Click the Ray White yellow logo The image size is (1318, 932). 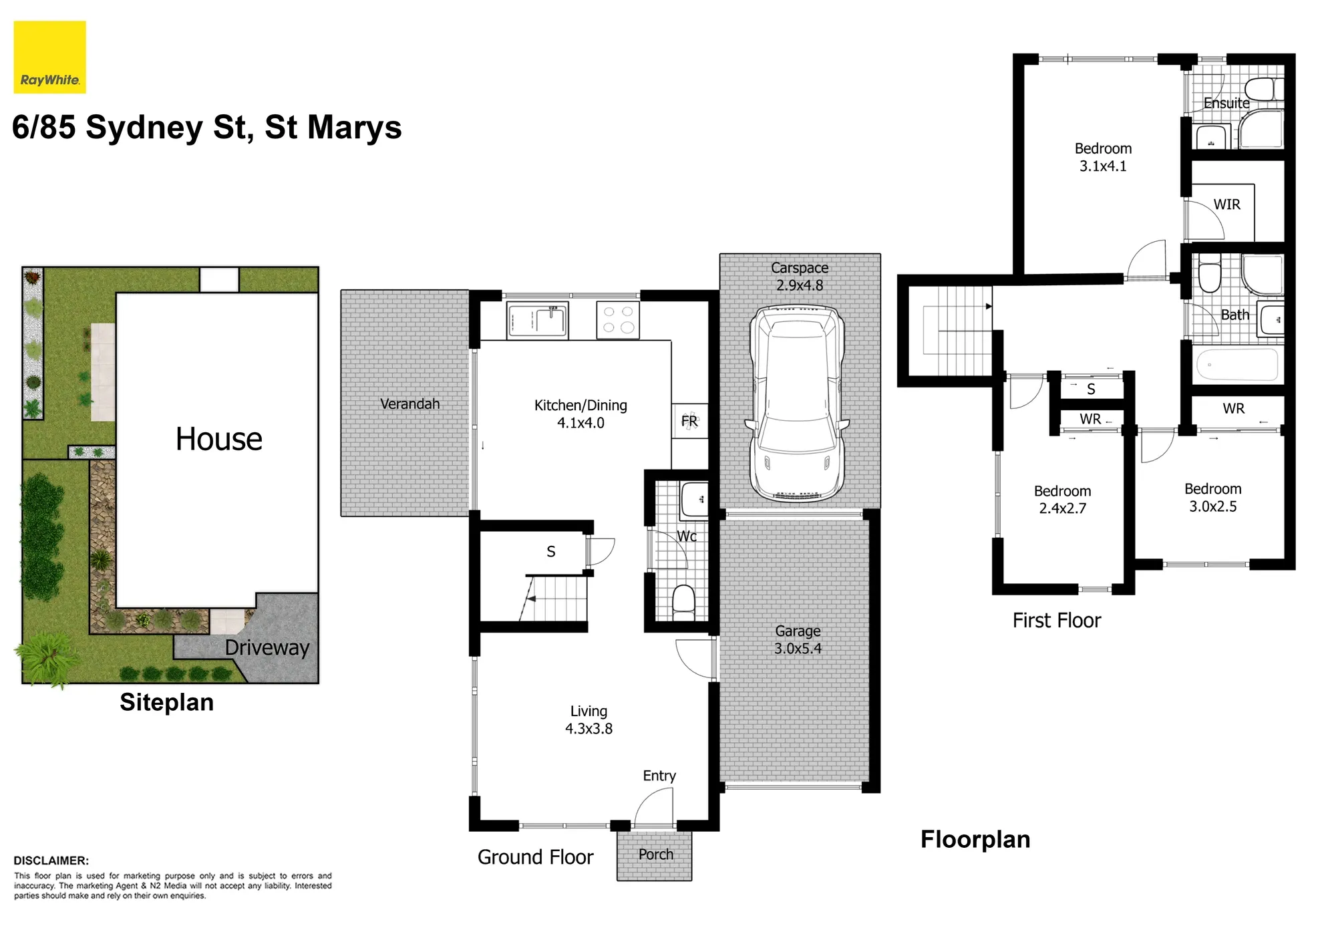click(x=50, y=57)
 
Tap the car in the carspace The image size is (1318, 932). click(x=797, y=404)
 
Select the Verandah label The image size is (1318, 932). click(x=409, y=404)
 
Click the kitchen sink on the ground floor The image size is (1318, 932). click(x=537, y=320)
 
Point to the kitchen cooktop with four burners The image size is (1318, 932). click(x=618, y=320)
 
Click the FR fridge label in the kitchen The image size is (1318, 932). click(x=689, y=421)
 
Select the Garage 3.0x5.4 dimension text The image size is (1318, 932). click(x=798, y=648)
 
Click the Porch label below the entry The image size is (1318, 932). click(x=655, y=855)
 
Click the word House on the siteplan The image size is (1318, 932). click(x=218, y=439)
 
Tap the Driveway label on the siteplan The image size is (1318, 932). click(x=267, y=647)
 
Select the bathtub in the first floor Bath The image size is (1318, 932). click(x=1237, y=365)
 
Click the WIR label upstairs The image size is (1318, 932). click(x=1226, y=204)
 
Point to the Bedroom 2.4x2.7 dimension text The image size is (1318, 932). click(x=1062, y=508)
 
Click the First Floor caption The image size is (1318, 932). click(x=1056, y=621)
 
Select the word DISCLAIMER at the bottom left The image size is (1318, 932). click(x=51, y=861)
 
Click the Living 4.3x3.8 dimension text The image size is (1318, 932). click(x=589, y=728)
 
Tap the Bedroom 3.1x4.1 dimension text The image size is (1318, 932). click(x=1103, y=166)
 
